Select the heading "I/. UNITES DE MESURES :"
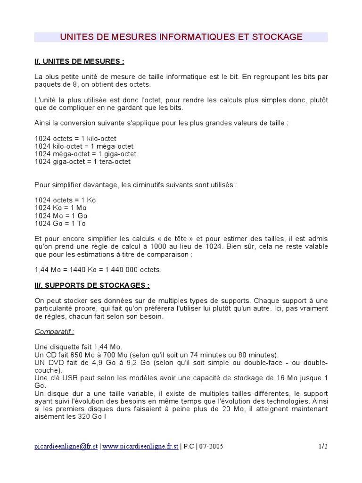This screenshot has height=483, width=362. tap(79, 61)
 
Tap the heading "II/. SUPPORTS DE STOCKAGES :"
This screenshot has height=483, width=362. tap(92, 285)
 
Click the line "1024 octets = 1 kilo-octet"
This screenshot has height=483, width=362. tap(75, 139)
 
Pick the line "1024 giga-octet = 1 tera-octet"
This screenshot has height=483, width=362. tap(82, 161)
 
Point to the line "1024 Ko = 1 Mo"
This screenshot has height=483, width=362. tap(60, 208)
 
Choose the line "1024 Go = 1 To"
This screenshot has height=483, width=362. tap(60, 223)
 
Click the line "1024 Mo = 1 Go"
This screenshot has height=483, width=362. tap(61, 216)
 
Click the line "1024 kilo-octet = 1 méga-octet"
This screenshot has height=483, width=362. tap(84, 146)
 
